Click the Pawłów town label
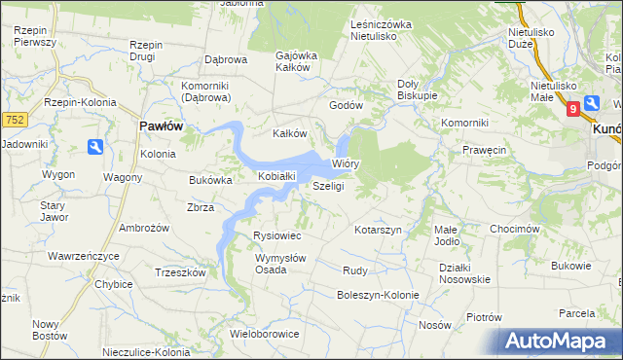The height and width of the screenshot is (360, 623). coord(162,126)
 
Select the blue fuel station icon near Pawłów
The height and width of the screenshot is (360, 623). coord(95,147)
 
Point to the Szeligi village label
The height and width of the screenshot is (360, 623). coord(328,186)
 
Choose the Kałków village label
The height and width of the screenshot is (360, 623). coord(289,133)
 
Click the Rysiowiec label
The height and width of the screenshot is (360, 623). coord(276,236)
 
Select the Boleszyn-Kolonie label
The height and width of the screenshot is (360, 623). coord(377,295)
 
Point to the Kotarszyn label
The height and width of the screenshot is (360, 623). coord(379,229)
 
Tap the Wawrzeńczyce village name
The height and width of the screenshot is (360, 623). coord(83,256)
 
